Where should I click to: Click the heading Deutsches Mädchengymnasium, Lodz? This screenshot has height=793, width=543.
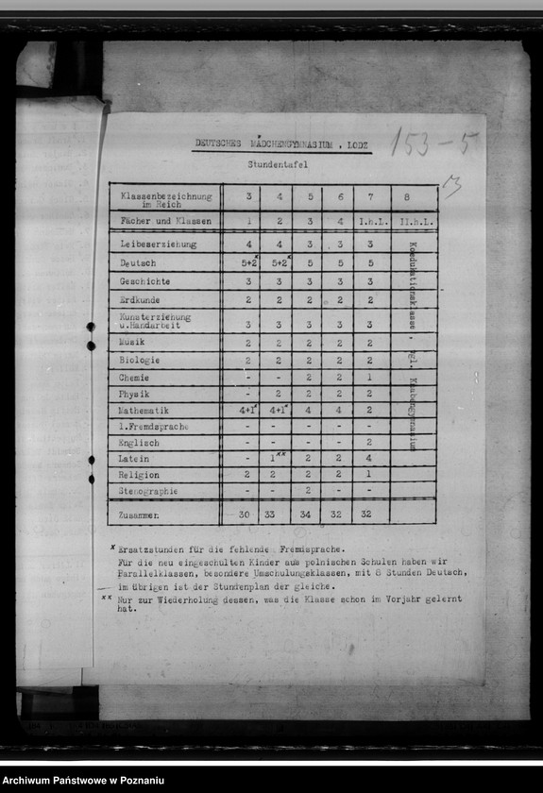pos(283,143)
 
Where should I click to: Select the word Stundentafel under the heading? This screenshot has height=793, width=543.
pos(278,164)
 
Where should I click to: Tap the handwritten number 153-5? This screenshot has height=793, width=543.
pos(434,143)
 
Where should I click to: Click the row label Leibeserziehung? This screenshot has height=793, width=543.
pos(158,244)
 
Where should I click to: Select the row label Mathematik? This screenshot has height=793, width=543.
pos(144,411)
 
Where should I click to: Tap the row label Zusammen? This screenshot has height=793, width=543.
pos(140,515)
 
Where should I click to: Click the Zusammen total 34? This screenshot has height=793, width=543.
pos(308,515)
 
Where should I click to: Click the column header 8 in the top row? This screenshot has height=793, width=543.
pos(406,197)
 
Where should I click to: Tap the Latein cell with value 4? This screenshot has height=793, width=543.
pos(369,459)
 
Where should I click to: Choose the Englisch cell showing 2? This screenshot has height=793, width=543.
pos(369,442)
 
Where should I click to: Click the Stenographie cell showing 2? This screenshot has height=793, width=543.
pos(308,491)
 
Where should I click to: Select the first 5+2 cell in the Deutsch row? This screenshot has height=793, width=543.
pos(249,263)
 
